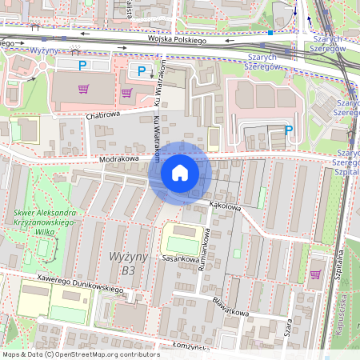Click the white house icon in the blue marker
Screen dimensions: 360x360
[x=179, y=173]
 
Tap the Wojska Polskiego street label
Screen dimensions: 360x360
[x=177, y=39]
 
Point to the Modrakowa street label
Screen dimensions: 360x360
[x=119, y=159]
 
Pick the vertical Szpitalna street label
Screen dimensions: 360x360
[x=339, y=264]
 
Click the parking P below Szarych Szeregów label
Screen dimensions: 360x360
[x=289, y=130]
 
